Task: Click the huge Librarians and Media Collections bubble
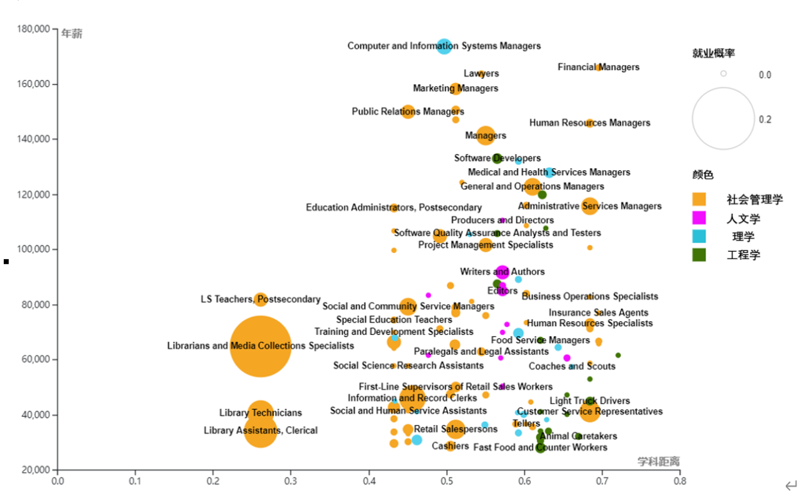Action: pyautogui.click(x=260, y=346)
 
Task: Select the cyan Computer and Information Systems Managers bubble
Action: pyautogui.click(x=444, y=46)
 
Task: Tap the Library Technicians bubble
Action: pyautogui.click(x=261, y=413)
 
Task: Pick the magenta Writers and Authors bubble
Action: pyautogui.click(x=503, y=272)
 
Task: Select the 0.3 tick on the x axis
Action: pyautogui.click(x=291, y=481)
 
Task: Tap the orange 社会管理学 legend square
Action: pyautogui.click(x=699, y=200)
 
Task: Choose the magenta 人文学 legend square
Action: pyautogui.click(x=699, y=218)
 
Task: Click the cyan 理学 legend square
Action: pyautogui.click(x=699, y=236)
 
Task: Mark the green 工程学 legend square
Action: pyautogui.click(x=699, y=254)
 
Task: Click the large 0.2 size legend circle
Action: pyautogui.click(x=723, y=118)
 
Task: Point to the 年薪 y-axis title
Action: pyautogui.click(x=72, y=34)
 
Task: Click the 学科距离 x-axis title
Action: pyautogui.click(x=659, y=461)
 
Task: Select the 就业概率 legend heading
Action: pyautogui.click(x=714, y=53)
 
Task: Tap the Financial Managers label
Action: pyautogui.click(x=598, y=67)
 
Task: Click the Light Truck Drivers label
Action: pyautogui.click(x=590, y=401)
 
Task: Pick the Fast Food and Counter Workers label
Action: pyautogui.click(x=540, y=447)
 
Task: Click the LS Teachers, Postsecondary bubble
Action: pyautogui.click(x=261, y=299)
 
